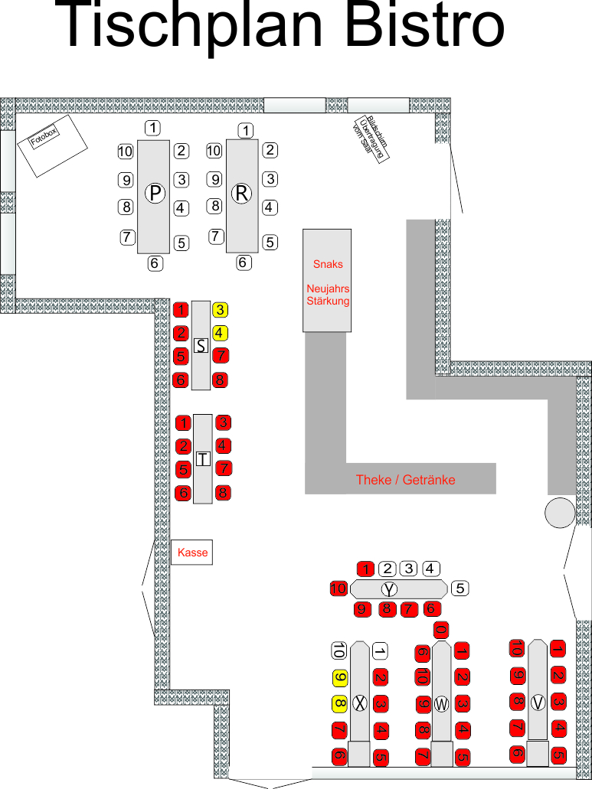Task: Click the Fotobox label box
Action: click(x=48, y=145)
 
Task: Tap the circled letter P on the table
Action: click(x=155, y=194)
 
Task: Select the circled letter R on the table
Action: click(x=242, y=194)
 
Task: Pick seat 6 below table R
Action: click(x=244, y=262)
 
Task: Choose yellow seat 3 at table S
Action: click(x=220, y=310)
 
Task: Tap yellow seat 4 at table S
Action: click(x=220, y=333)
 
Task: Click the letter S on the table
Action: click(x=201, y=346)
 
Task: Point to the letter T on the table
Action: click(x=203, y=459)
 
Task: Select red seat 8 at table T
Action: click(x=222, y=493)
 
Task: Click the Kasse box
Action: click(x=191, y=552)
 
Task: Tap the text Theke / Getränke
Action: click(x=405, y=480)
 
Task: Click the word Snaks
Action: click(x=328, y=264)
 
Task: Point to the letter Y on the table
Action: click(x=391, y=589)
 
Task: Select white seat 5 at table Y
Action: click(x=460, y=588)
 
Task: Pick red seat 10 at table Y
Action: click(x=339, y=588)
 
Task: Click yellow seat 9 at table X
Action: click(x=339, y=678)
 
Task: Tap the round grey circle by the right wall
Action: click(x=560, y=512)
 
